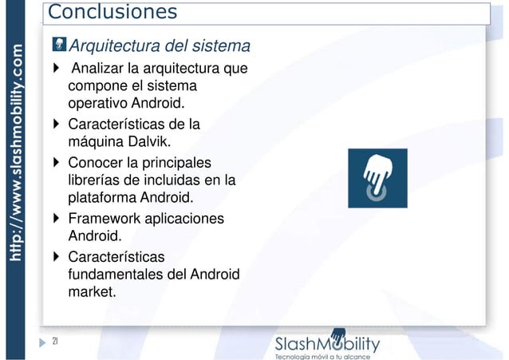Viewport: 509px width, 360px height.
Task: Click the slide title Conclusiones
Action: click(x=111, y=13)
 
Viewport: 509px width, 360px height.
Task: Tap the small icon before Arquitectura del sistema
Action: click(x=59, y=45)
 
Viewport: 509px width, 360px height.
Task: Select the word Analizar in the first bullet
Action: click(x=99, y=69)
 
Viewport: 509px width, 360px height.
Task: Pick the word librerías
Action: click(x=97, y=180)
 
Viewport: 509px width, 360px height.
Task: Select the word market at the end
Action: click(x=90, y=293)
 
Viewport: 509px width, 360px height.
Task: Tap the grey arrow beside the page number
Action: click(x=42, y=342)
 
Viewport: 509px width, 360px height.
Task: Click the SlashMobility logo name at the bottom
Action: click(x=327, y=343)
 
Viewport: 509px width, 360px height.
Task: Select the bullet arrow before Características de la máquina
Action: click(x=55, y=125)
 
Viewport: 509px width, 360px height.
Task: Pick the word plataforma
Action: click(x=103, y=198)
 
